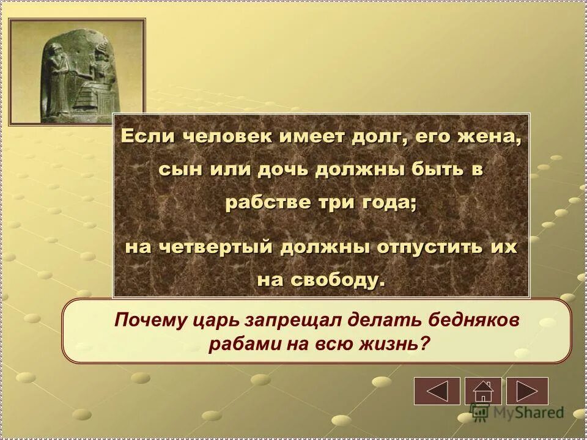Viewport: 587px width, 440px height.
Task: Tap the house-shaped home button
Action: click(x=482, y=391)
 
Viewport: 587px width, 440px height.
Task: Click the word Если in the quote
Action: click(x=141, y=136)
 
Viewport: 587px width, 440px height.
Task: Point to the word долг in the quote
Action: click(x=375, y=136)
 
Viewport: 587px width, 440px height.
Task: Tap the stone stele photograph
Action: click(x=77, y=72)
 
